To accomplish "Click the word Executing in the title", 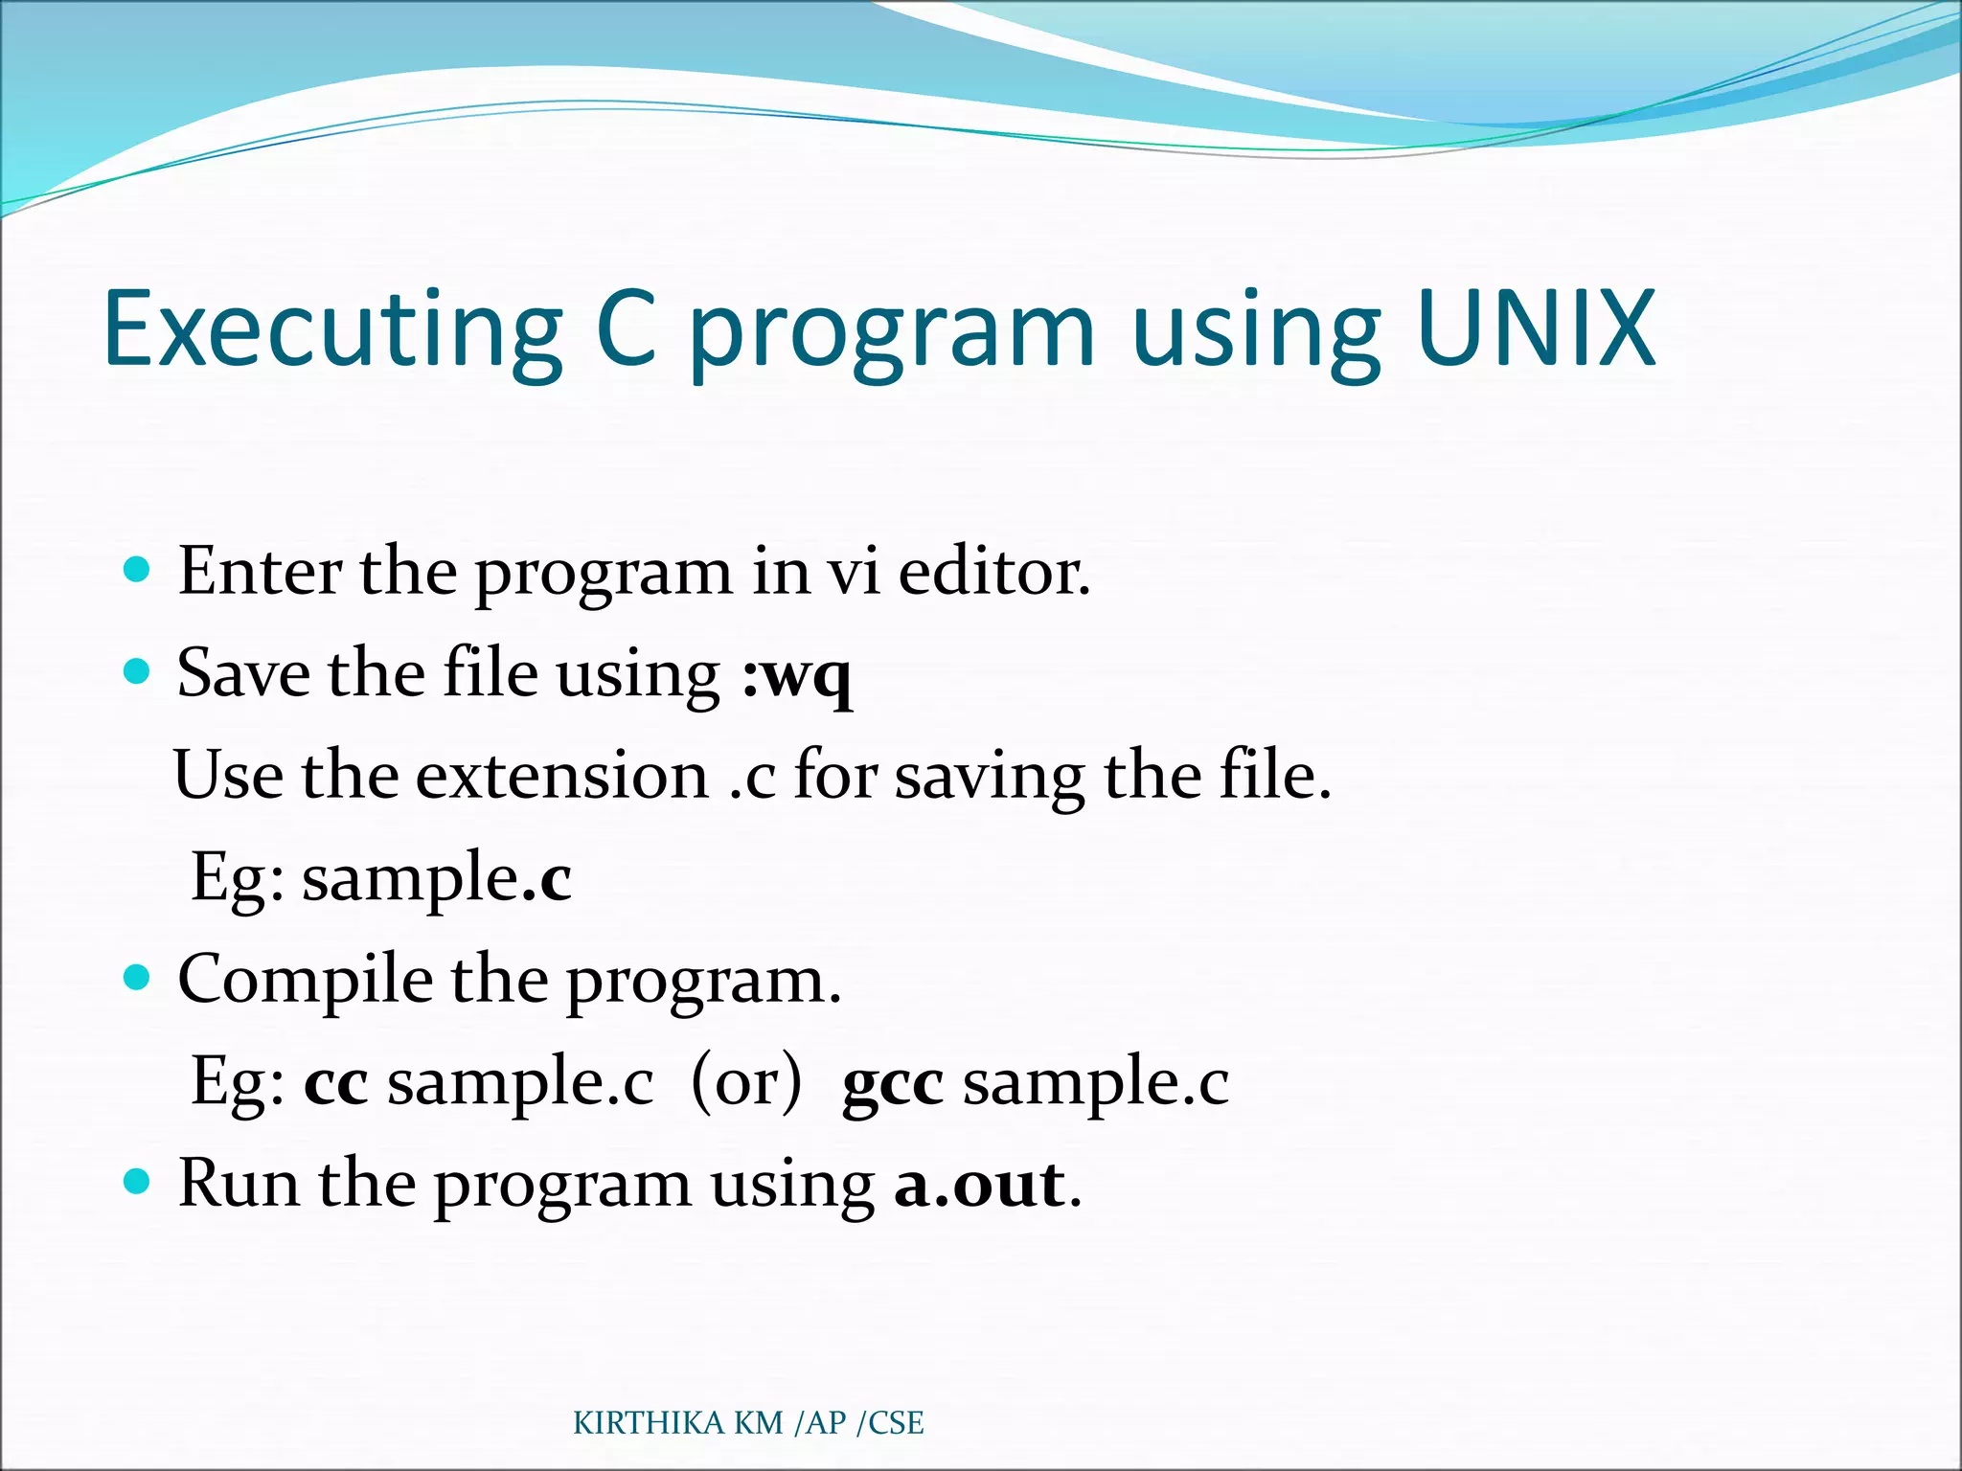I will pyautogui.click(x=331, y=331).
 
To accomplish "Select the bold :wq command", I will pyautogui.click(x=796, y=674).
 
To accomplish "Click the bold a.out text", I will pyautogui.click(x=978, y=1185).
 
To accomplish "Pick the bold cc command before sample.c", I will pyautogui.click(x=335, y=1083).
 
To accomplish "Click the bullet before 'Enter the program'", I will pyautogui.click(x=138, y=571).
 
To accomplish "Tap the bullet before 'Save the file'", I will pyautogui.click(x=138, y=672).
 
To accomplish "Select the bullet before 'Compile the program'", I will pyautogui.click(x=138, y=978).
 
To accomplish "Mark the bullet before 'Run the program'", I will pyautogui.click(x=138, y=1183).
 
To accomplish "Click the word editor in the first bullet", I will pyautogui.click(x=992, y=572).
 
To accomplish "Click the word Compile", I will pyautogui.click(x=305, y=981).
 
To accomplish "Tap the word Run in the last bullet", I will pyautogui.click(x=239, y=1184).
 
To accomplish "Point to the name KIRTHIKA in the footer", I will pyautogui.click(x=649, y=1423).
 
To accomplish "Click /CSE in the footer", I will pyautogui.click(x=890, y=1423).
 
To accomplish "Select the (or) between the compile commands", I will pyautogui.click(x=745, y=1082).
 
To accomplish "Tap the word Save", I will pyautogui.click(x=243, y=673).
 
